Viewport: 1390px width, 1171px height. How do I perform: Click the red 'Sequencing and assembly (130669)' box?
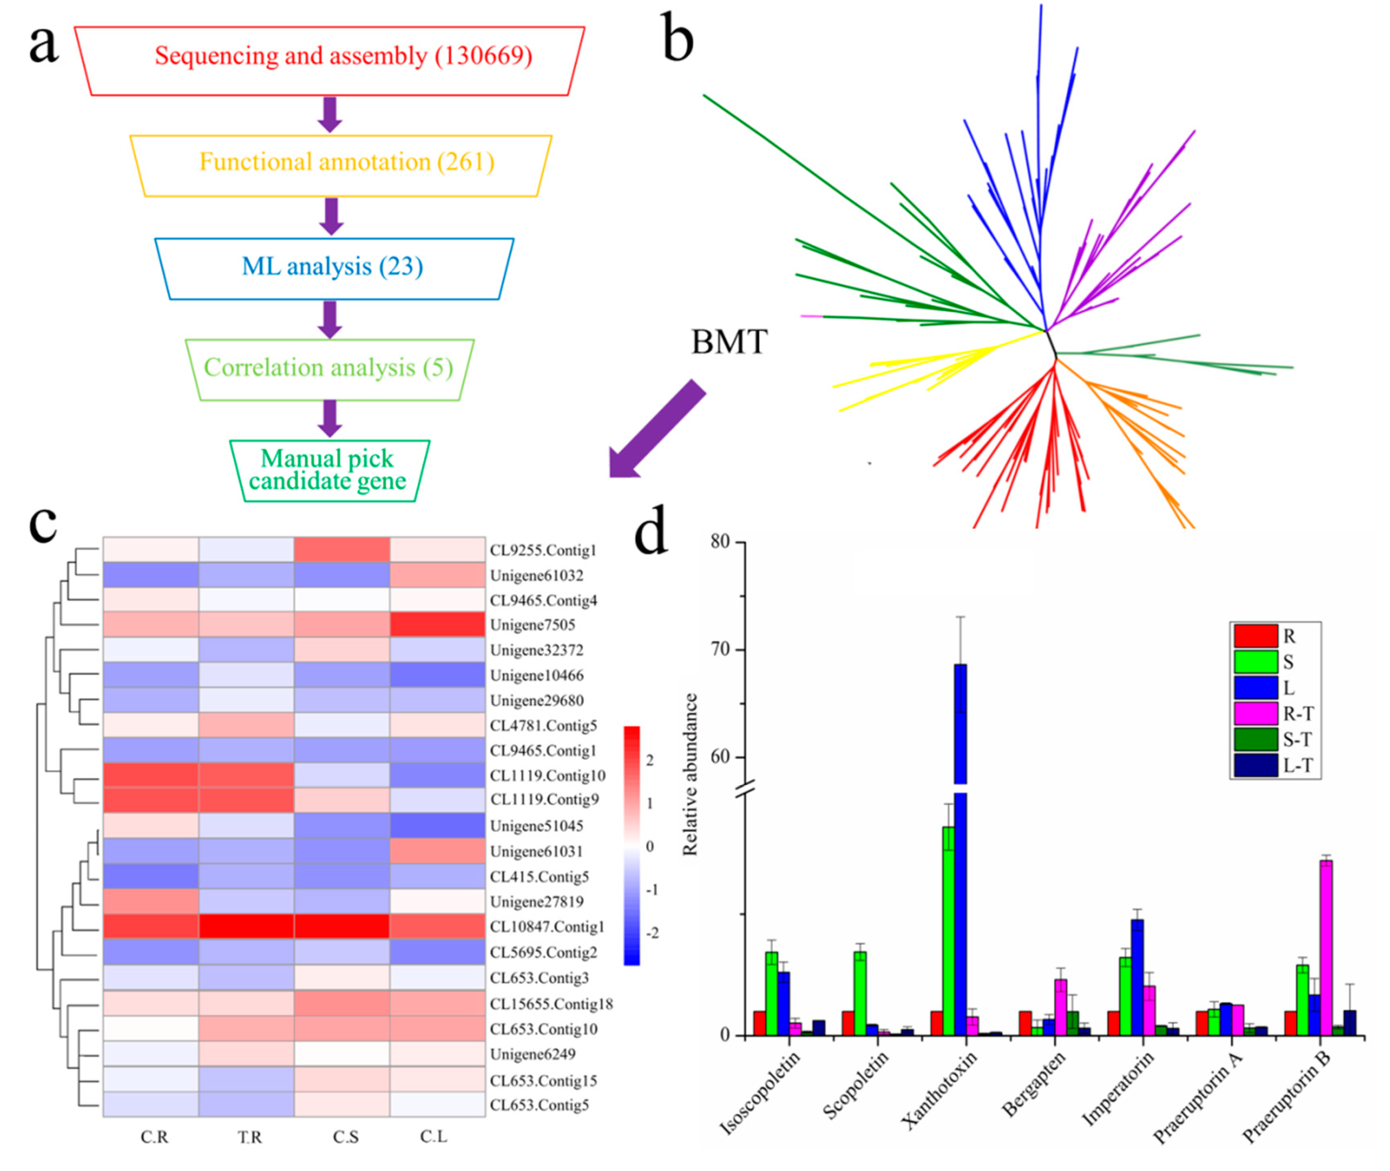(x=330, y=60)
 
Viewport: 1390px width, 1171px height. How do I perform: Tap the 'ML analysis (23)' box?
(x=334, y=268)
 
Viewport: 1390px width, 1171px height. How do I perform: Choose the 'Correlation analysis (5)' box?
(x=329, y=369)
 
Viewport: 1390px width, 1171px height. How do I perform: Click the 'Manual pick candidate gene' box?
(x=329, y=470)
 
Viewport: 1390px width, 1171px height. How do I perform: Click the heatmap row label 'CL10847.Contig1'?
(x=547, y=927)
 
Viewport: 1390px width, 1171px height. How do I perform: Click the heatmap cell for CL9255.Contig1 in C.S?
(x=342, y=550)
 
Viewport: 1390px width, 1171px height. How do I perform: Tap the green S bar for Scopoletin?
(x=860, y=992)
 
